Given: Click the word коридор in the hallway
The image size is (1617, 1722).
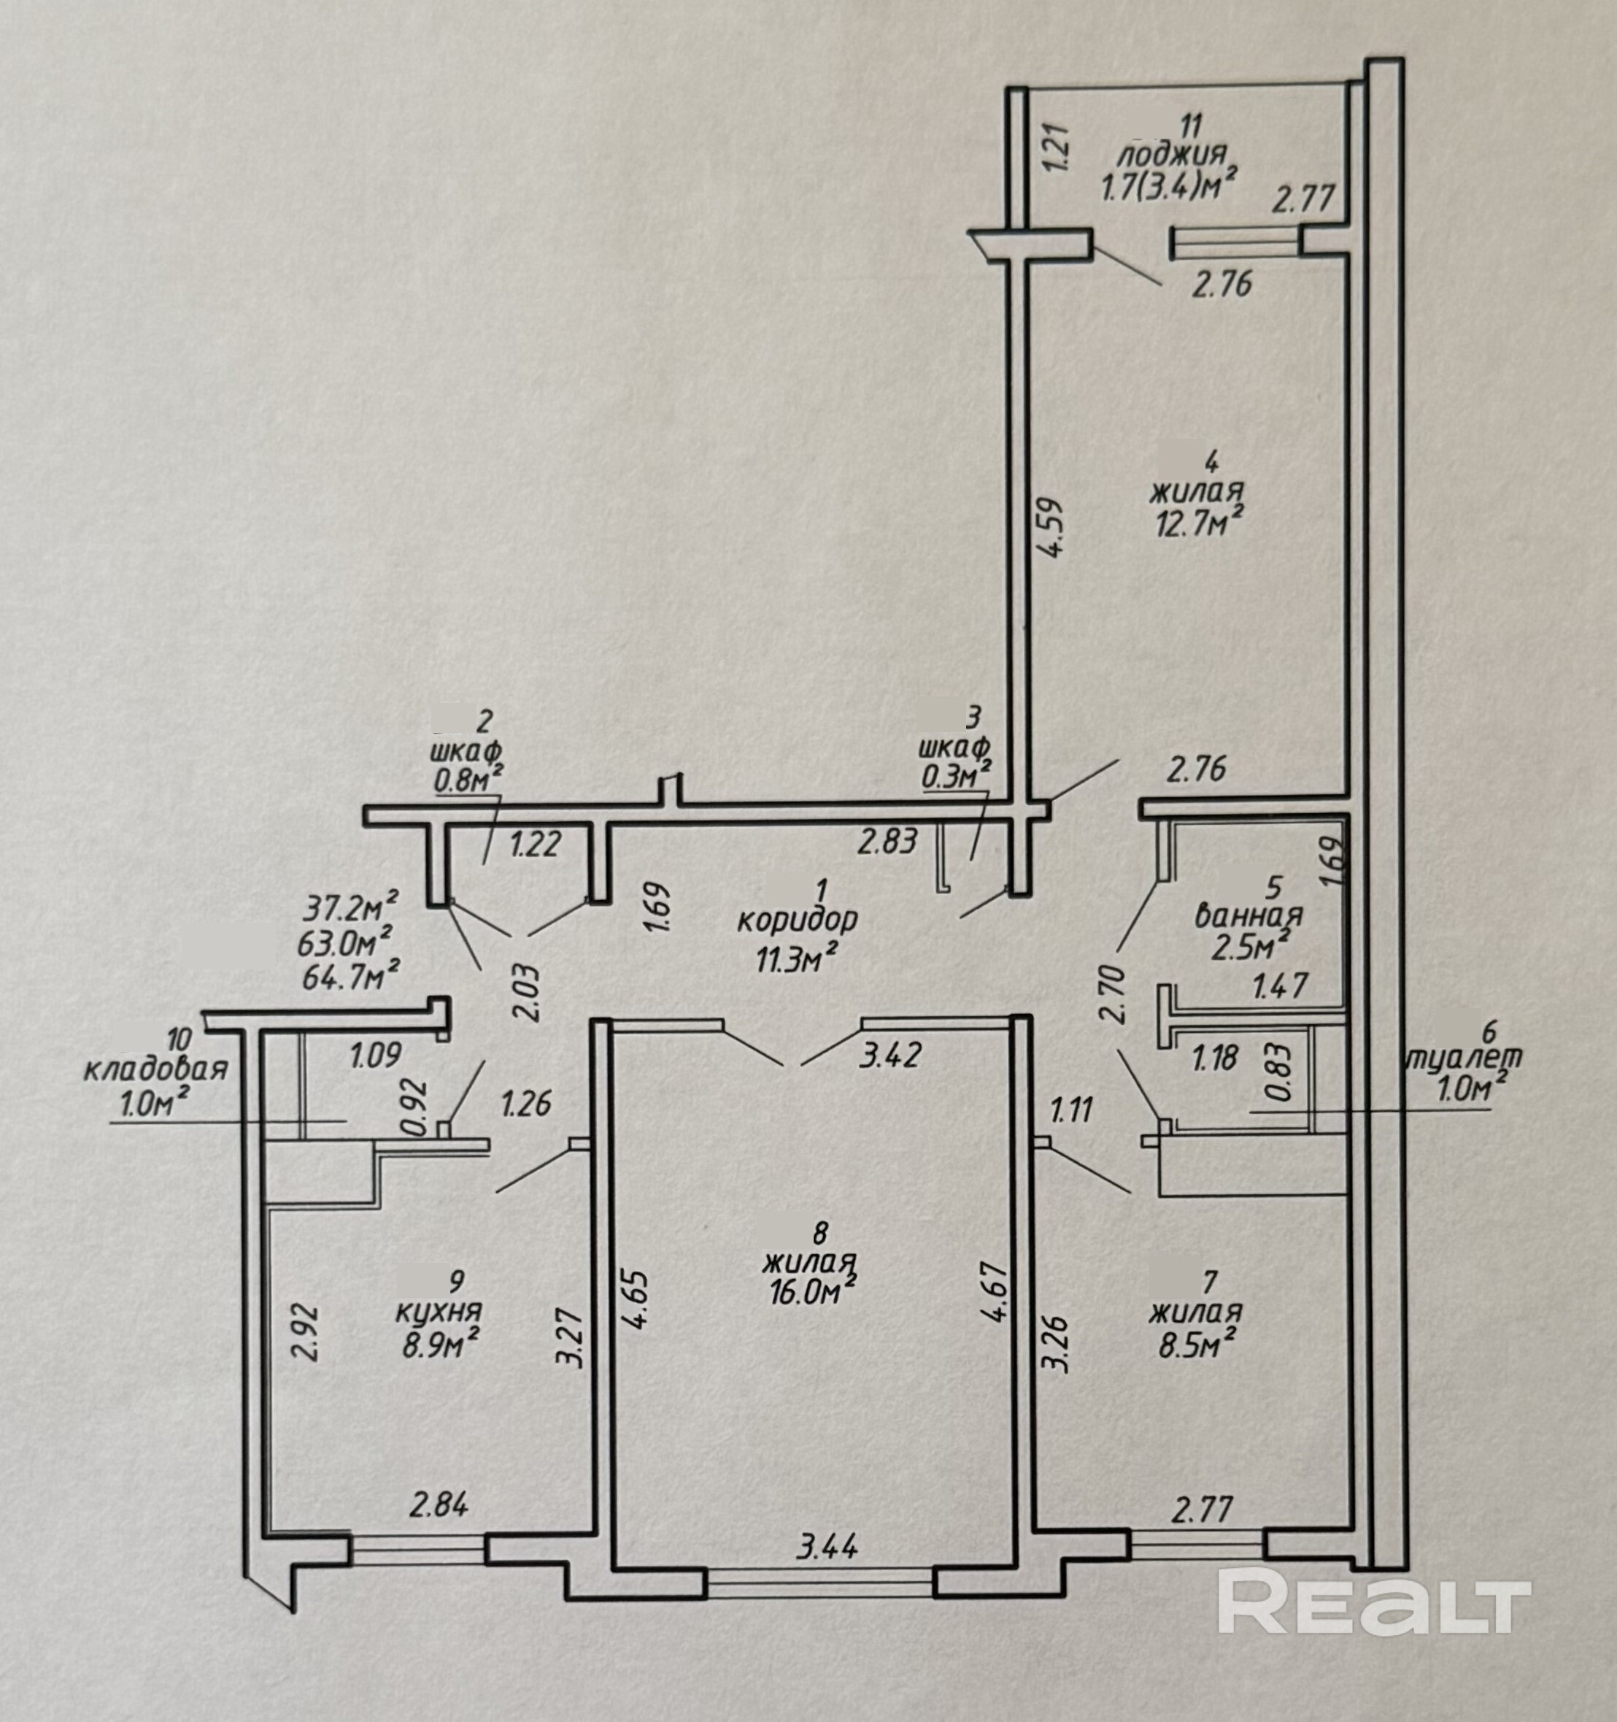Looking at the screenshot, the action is pos(797,920).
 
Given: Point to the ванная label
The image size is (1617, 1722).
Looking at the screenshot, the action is pos(1248,915).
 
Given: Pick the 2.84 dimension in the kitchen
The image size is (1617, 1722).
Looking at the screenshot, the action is pos(439,1504).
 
